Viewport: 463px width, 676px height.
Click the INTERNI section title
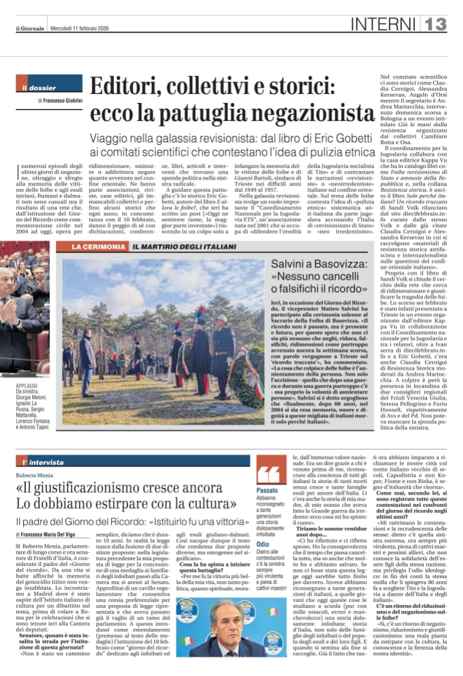tap(384, 24)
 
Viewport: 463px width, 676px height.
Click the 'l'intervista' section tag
tap(44, 462)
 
